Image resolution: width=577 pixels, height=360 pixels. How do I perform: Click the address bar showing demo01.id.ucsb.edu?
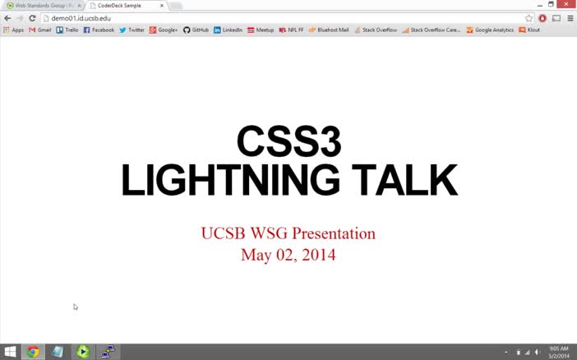[x=247, y=18]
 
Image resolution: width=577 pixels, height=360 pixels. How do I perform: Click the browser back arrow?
[x=7, y=18]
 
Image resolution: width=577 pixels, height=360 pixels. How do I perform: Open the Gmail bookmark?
[x=40, y=30]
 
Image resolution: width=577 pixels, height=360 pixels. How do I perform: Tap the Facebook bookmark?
[x=99, y=30]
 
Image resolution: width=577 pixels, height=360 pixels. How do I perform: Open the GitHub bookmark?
[x=196, y=30]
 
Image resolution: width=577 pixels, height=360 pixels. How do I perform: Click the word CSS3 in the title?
[x=288, y=141]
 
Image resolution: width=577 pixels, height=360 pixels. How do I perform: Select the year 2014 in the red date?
[x=318, y=255]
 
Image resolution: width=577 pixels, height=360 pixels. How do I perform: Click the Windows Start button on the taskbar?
[x=10, y=352]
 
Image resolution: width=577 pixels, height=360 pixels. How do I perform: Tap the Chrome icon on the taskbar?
[x=33, y=352]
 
